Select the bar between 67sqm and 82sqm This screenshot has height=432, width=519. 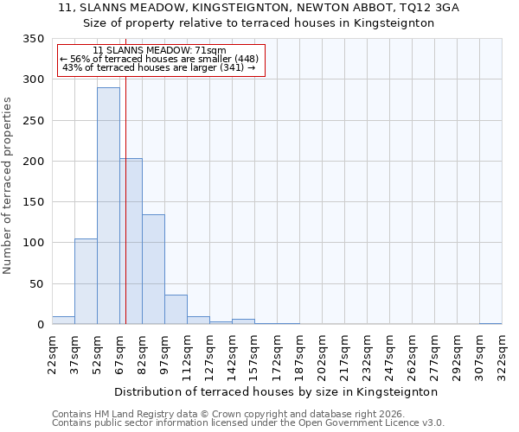click(x=131, y=241)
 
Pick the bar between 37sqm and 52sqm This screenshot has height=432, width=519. click(x=86, y=282)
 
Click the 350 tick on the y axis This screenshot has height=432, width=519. click(x=33, y=39)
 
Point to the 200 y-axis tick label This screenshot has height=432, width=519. click(x=33, y=162)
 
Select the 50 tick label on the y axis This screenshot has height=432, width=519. click(x=36, y=284)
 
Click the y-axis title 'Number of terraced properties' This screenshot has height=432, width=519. click(x=8, y=185)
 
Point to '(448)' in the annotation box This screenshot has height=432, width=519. click(x=245, y=59)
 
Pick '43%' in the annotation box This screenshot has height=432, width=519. click(x=72, y=68)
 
